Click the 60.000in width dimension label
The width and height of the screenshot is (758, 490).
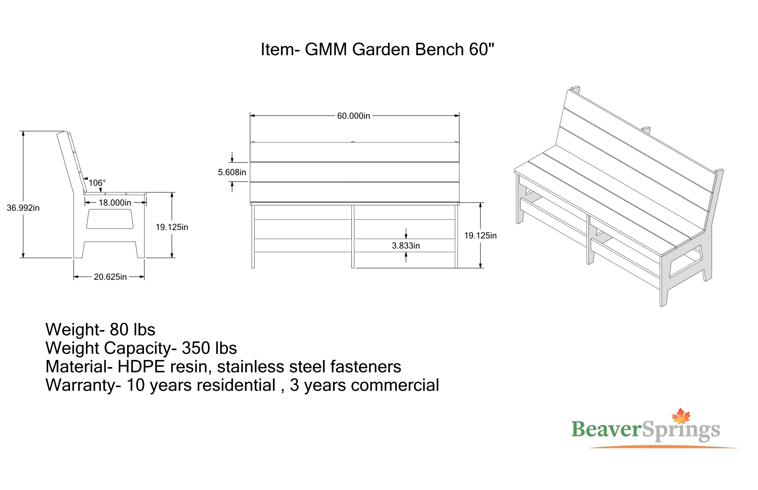pyautogui.click(x=354, y=116)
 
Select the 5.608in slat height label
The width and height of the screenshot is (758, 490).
pyautogui.click(x=232, y=172)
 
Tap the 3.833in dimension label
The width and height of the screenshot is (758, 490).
pyautogui.click(x=406, y=245)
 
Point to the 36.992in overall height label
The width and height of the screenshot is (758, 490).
pyautogui.click(x=23, y=208)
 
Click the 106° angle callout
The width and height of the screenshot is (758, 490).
pyautogui.click(x=97, y=183)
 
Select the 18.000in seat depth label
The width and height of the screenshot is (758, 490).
pyautogui.click(x=115, y=203)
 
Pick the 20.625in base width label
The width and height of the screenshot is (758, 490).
pyautogui.click(x=110, y=277)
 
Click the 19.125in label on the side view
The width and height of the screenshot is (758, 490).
pyautogui.click(x=172, y=227)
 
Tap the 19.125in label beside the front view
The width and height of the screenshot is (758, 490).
pyautogui.click(x=480, y=236)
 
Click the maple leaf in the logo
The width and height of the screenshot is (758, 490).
pyautogui.click(x=681, y=416)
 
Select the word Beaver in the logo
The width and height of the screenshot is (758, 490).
pyautogui.click(x=606, y=429)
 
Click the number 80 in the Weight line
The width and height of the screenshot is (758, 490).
pyautogui.click(x=119, y=330)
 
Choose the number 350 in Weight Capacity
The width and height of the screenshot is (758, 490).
pyautogui.click(x=196, y=348)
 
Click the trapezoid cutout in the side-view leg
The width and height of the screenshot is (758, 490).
pyautogui.click(x=110, y=219)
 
